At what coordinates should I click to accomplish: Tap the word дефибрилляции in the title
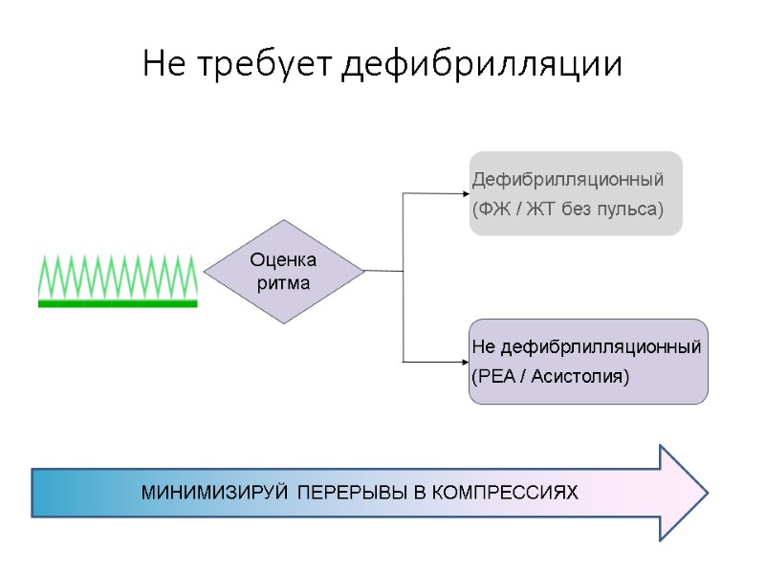click(x=483, y=65)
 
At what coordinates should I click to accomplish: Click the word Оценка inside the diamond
click(x=283, y=260)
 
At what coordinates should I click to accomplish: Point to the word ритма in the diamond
click(x=283, y=283)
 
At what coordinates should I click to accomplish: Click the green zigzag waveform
click(x=118, y=276)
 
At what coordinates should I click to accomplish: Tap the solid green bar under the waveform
click(x=118, y=303)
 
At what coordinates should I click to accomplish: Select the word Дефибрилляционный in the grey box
click(x=568, y=179)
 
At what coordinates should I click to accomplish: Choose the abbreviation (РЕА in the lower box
click(x=494, y=376)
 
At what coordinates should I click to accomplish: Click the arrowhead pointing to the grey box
click(x=464, y=194)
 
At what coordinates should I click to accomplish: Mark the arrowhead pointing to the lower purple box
click(x=464, y=362)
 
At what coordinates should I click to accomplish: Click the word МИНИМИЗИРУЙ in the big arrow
click(x=216, y=494)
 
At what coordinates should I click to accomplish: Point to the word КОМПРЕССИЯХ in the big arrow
click(x=506, y=494)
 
